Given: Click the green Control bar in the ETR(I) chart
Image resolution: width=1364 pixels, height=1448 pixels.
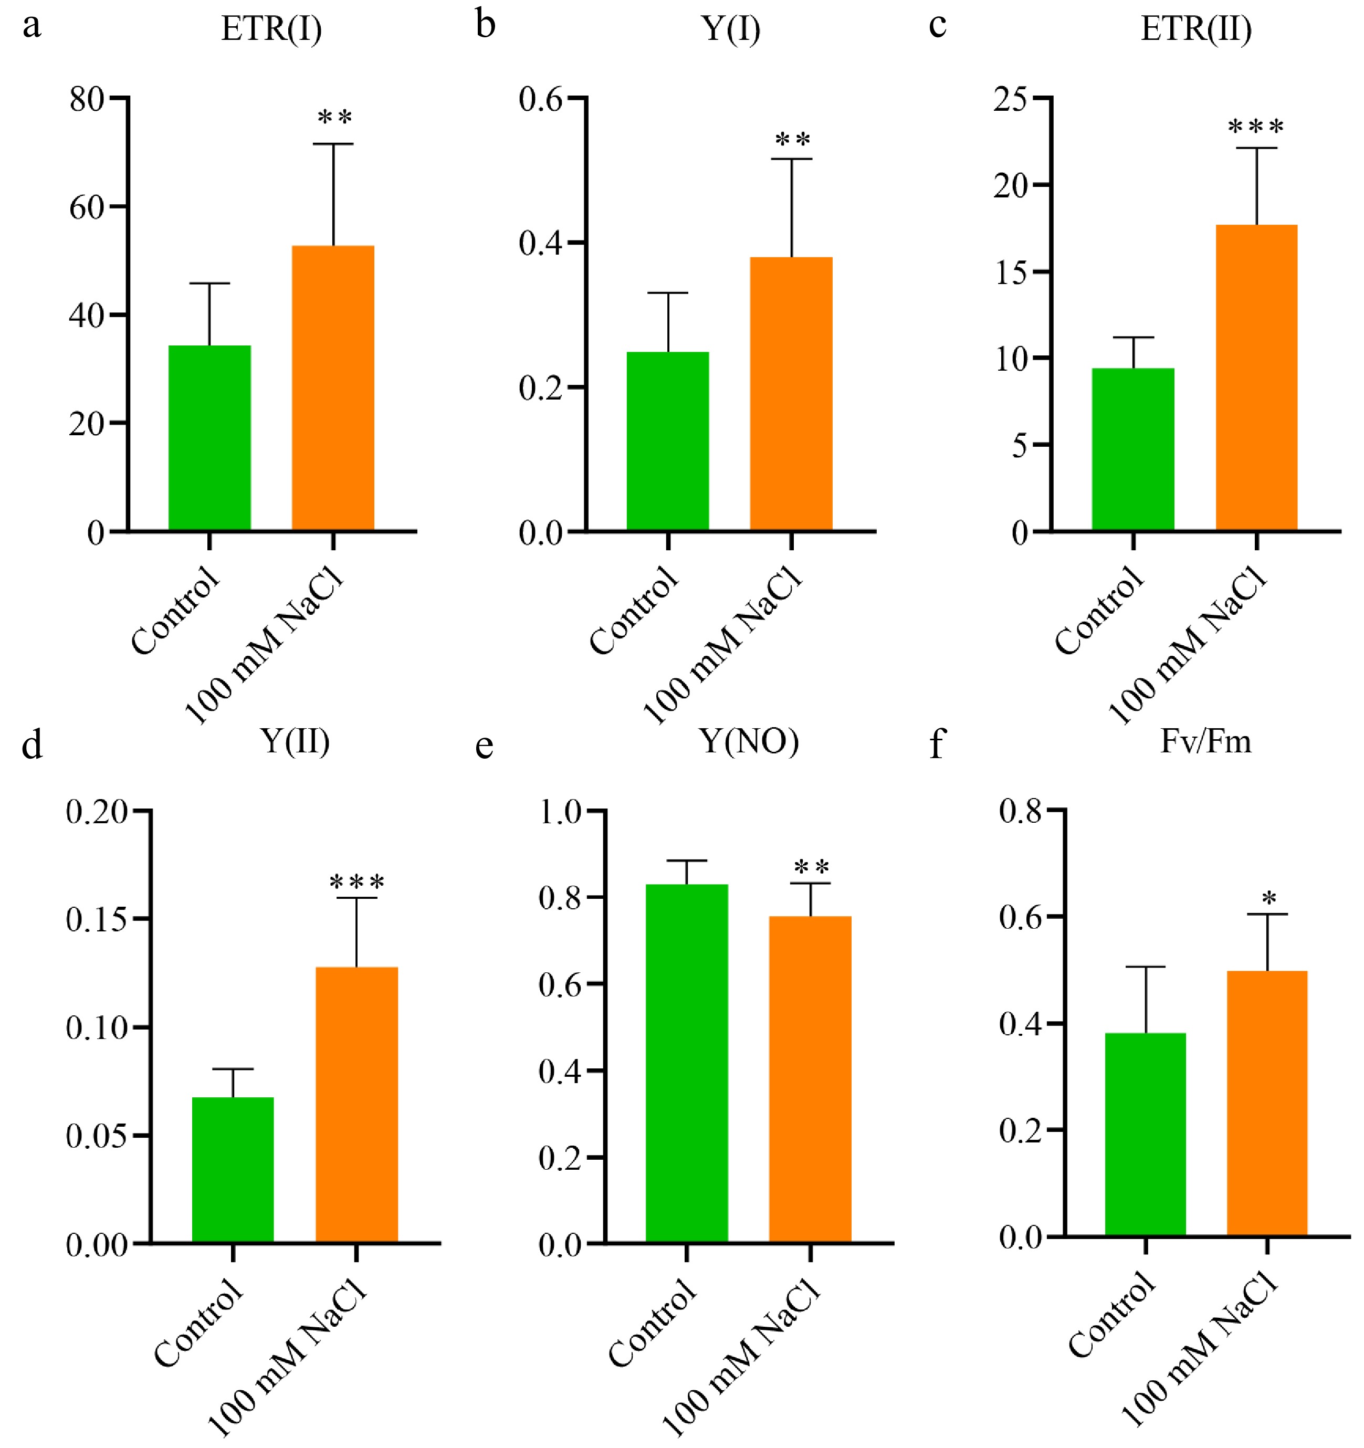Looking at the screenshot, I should [209, 438].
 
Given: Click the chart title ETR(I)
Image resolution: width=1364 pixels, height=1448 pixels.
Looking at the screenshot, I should [271, 29].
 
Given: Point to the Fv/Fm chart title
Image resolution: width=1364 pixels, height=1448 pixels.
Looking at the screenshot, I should [1205, 741].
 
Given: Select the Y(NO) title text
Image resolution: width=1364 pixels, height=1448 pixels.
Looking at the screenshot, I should [749, 741].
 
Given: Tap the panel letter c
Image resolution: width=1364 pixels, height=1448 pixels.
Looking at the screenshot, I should [938, 26].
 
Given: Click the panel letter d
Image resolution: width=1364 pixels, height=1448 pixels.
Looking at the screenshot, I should [32, 744].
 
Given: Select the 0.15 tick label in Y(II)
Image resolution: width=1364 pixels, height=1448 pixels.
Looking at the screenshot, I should [96, 919].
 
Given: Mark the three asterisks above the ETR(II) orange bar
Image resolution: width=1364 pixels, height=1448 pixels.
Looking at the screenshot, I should [1255, 128].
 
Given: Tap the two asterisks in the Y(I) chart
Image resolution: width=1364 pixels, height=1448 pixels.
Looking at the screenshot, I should [792, 140].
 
